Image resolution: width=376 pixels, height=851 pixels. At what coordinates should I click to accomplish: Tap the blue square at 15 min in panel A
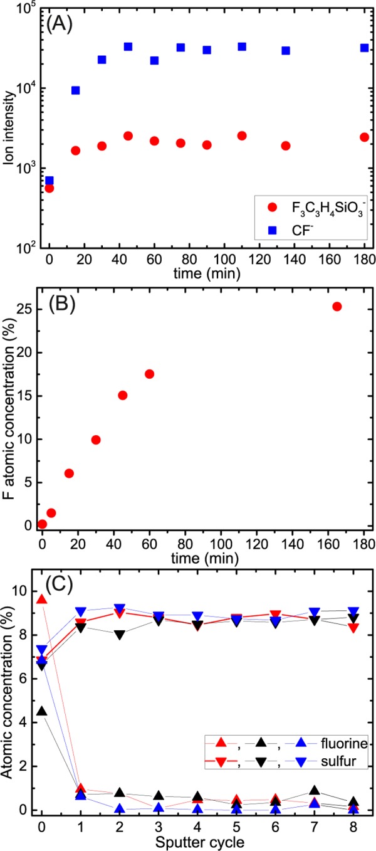point(76,90)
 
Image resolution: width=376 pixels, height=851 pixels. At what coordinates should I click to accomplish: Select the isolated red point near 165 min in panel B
point(337,307)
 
